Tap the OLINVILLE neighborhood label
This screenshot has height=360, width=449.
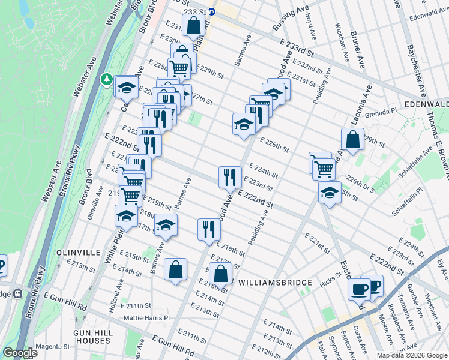pos(78,253)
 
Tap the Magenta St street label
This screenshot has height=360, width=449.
pos(52,346)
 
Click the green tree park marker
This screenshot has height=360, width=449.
pos(107,79)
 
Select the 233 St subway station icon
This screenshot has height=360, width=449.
pos(219,10)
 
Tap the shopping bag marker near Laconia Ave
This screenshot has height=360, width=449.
pos(352,139)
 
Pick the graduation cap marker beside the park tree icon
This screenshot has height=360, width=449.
pos(126,88)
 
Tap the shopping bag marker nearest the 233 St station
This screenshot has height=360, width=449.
pos(193,26)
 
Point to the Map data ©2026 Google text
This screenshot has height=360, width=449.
pos(411,355)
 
